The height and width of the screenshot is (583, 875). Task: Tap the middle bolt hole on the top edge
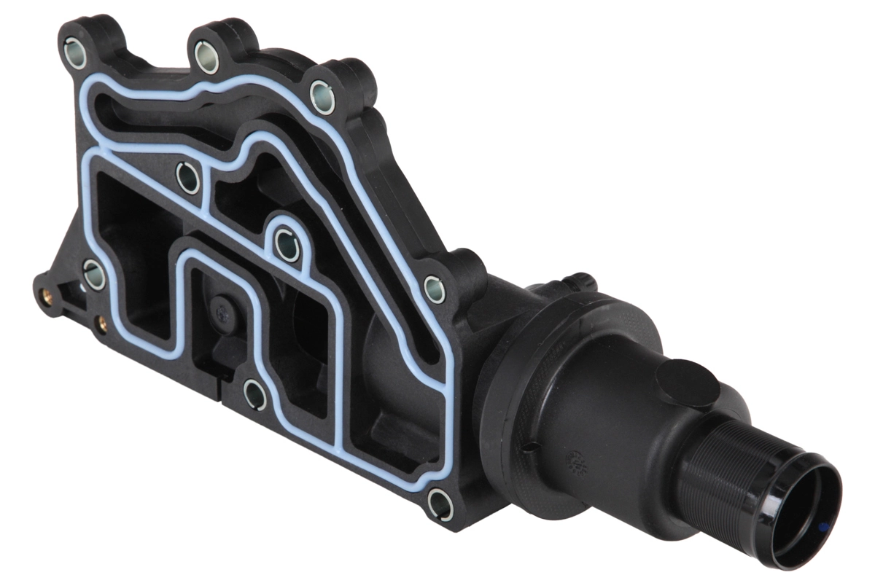(207, 59)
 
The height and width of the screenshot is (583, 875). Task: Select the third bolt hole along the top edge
(322, 96)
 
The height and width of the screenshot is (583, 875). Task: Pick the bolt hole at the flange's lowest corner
(440, 503)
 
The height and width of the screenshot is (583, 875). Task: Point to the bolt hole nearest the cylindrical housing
(435, 289)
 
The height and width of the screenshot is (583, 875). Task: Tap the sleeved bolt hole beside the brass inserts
(94, 275)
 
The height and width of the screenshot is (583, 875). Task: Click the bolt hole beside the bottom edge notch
(254, 394)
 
